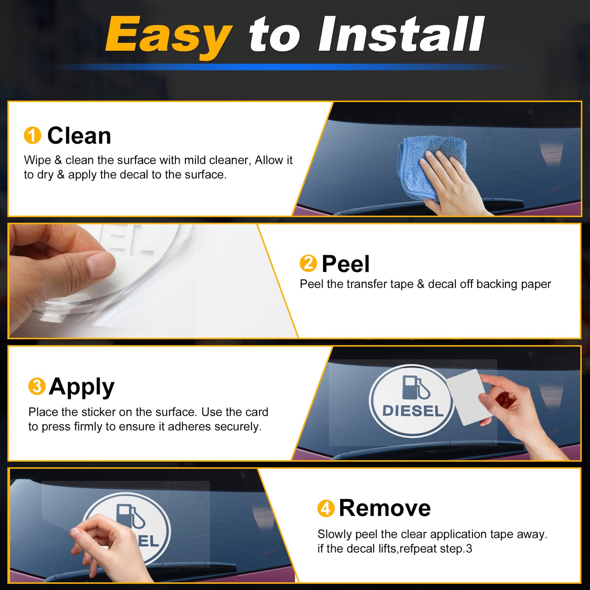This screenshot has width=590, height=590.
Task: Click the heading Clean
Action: (79, 136)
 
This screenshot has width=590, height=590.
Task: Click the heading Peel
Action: (346, 264)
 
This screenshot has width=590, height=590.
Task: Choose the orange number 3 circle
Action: (37, 386)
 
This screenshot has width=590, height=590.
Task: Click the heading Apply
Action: (82, 387)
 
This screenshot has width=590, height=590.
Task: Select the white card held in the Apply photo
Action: (466, 397)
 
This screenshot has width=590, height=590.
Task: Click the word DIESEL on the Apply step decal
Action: (413, 411)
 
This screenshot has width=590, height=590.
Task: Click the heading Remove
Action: (385, 508)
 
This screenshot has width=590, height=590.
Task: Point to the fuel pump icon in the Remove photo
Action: (131, 516)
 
